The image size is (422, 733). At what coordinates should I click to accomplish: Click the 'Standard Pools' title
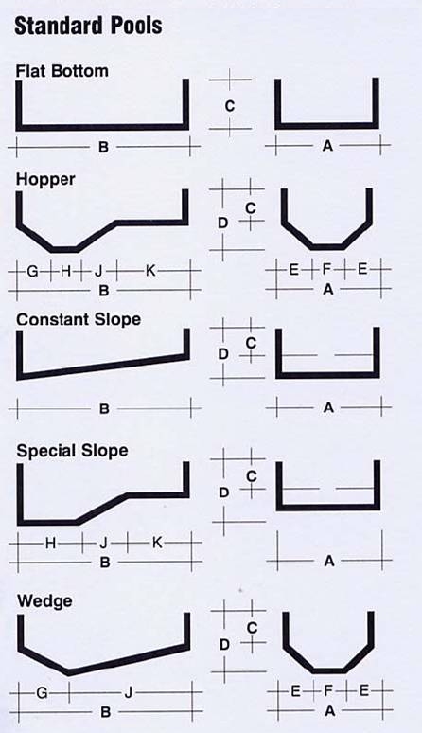pos(88,27)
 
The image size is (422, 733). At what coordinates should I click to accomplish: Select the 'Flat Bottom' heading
pos(62,71)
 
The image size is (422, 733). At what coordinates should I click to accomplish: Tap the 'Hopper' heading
pos(45,180)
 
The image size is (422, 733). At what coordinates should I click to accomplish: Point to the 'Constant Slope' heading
pos(79,320)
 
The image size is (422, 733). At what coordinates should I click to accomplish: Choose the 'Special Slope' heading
pos(72,451)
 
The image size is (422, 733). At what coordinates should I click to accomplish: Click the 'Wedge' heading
pos(44,600)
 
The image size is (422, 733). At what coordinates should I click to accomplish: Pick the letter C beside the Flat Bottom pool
pos(230,107)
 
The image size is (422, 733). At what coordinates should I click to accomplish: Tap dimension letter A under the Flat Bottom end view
pos(327,147)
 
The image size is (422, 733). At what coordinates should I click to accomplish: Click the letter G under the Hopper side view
pos(32,271)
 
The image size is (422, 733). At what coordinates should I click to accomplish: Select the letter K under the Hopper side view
pos(150,270)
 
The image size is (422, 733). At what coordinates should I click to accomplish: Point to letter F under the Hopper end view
pos(326,269)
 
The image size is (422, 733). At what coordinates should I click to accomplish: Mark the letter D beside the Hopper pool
pos(222,223)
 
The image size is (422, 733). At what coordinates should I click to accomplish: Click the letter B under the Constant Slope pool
pos(104,409)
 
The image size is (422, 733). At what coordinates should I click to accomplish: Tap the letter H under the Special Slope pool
pos(51,544)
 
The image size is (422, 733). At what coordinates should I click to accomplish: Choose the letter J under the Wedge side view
pos(129,693)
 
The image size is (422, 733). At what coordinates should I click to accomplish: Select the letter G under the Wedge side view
pos(42,693)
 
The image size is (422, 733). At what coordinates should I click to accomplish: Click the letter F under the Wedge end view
pos(328,690)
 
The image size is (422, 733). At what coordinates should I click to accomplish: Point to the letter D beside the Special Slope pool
pos(224,492)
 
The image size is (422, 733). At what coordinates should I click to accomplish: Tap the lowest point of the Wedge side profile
pos(69,673)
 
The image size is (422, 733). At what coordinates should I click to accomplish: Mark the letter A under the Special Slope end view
pos(329,561)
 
